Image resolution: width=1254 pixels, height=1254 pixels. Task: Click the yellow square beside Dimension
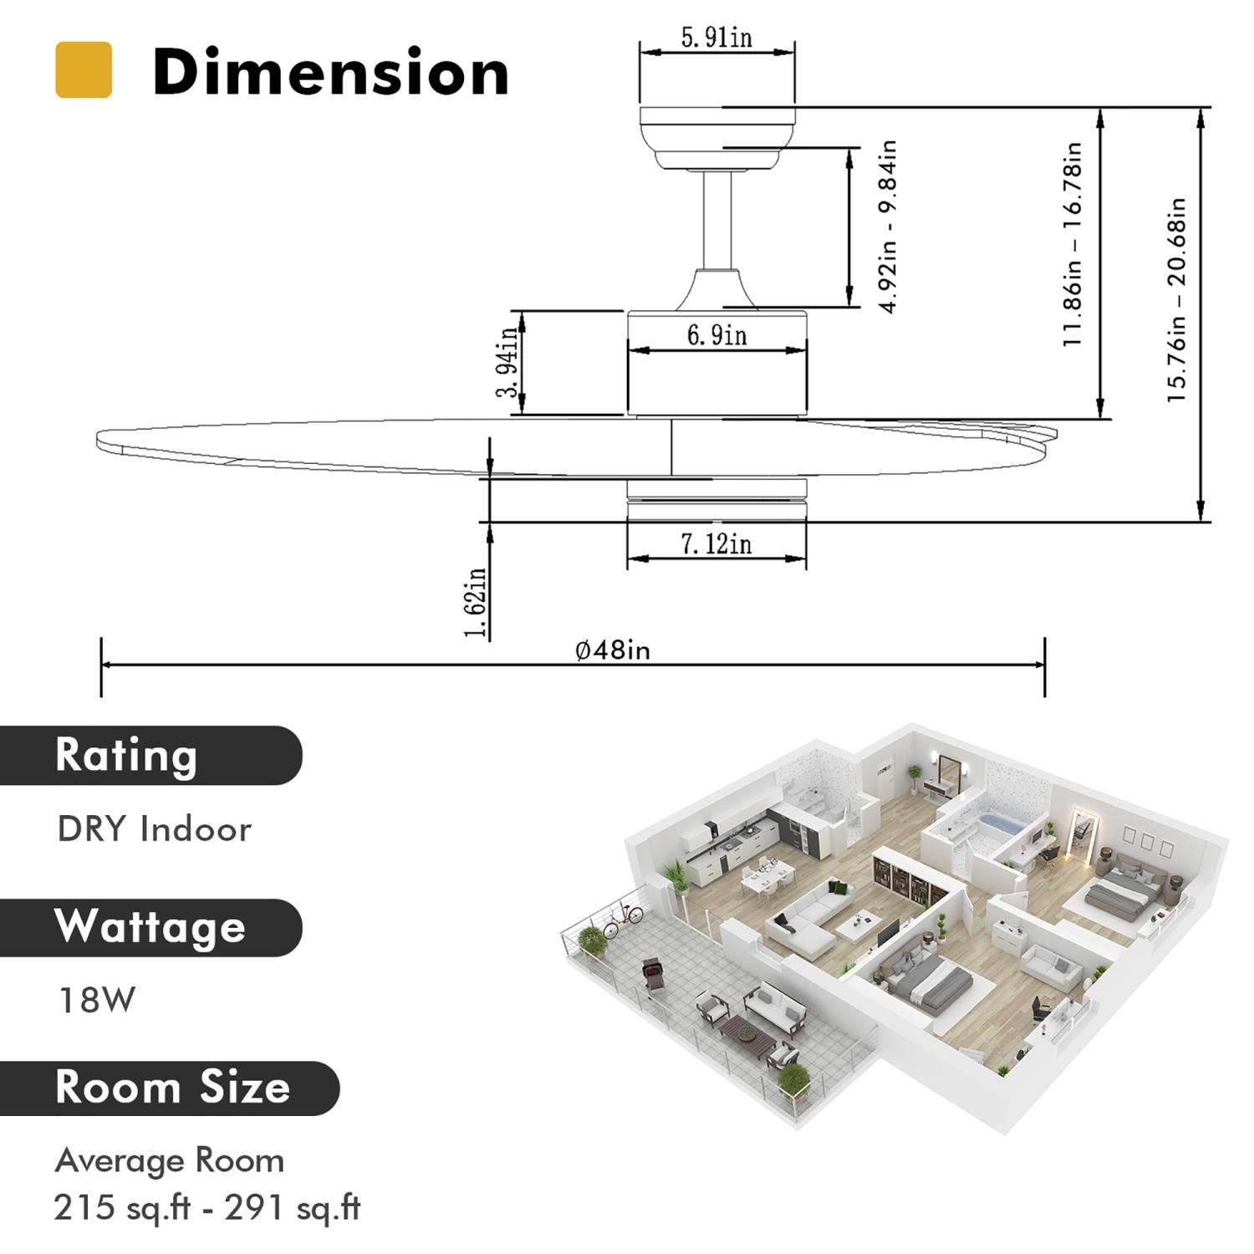click(84, 70)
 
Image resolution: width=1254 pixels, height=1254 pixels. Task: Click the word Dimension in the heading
click(330, 73)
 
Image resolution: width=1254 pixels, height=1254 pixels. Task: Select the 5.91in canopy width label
click(716, 38)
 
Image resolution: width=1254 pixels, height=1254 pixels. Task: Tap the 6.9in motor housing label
click(716, 335)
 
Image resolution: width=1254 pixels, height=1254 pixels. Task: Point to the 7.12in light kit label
click(716, 544)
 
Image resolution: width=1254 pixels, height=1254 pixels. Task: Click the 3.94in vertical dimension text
click(507, 363)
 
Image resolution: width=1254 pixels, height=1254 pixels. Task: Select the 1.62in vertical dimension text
click(475, 602)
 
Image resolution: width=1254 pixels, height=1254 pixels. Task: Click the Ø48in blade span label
click(613, 650)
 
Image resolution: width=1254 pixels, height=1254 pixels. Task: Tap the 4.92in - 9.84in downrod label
click(888, 227)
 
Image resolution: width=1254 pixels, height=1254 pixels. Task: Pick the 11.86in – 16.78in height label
click(1072, 244)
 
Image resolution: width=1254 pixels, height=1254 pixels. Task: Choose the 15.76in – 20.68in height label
click(1177, 299)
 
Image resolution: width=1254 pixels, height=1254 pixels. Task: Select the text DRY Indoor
click(155, 829)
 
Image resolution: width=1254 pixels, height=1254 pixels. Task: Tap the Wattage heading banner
click(150, 927)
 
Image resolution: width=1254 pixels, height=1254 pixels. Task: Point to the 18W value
click(97, 1000)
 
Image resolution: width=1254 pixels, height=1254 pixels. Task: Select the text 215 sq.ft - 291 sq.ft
click(207, 1207)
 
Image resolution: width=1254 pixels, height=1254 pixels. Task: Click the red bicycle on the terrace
click(622, 920)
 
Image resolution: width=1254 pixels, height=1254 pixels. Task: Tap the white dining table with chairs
click(767, 875)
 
